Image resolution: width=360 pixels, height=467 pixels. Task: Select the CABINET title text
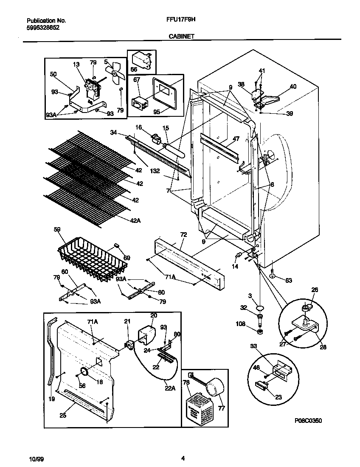[181, 37]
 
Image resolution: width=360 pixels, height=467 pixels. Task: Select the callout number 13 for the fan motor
[76, 65]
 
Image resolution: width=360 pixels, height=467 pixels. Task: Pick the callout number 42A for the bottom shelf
[137, 219]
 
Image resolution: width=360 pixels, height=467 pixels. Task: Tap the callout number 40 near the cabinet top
[293, 87]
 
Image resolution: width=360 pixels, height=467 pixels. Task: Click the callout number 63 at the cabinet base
[289, 280]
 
